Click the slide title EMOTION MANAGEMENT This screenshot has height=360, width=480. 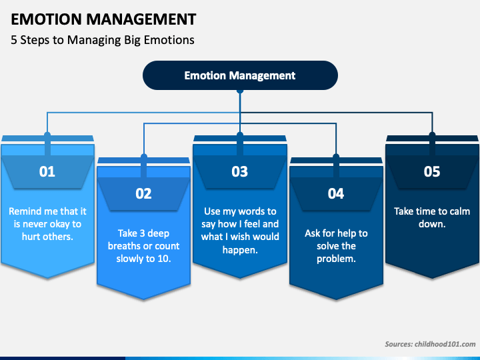pos(103,19)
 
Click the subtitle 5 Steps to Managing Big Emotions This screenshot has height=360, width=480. pos(103,40)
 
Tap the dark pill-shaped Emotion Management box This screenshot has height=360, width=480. pos(240,75)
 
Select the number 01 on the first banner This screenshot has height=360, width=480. pos(47,171)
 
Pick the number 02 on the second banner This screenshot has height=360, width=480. pos(143,194)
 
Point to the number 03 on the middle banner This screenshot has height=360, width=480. pos(240,171)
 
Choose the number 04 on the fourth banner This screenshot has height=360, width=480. pos(336,194)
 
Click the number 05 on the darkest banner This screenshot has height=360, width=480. pos(432,171)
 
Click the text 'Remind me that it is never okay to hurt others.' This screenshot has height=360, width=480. pos(47,224)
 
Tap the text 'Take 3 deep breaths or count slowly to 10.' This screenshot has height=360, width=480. pos(143,246)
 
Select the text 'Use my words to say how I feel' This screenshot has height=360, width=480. pos(240,217)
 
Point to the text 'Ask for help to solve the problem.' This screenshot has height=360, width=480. pos(336,246)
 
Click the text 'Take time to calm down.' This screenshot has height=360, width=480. pos(432,217)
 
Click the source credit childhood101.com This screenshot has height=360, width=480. pos(430,344)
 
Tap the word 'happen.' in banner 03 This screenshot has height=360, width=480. pos(240,250)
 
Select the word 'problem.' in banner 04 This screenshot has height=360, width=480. pos(336,259)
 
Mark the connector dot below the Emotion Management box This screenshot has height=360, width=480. pos(240,91)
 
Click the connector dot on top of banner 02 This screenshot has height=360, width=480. pos(144,157)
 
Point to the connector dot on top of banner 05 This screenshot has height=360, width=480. pos(432,135)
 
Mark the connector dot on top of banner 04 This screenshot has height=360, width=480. pos(336,157)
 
